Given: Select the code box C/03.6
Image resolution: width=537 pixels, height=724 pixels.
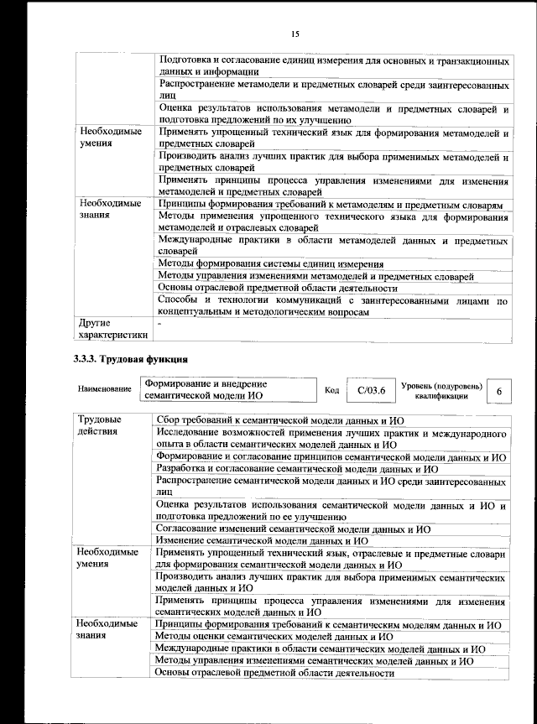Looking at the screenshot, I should click(x=370, y=391).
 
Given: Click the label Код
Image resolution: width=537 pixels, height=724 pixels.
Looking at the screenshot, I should click(x=331, y=391).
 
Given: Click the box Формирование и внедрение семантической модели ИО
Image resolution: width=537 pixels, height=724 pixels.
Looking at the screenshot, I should click(x=226, y=391).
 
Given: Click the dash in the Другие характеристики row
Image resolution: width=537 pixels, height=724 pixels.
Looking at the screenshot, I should click(x=160, y=323).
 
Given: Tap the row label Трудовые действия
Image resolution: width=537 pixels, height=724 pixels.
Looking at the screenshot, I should click(x=99, y=425).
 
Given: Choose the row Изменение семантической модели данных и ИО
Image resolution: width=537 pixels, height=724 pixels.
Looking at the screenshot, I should click(x=292, y=541).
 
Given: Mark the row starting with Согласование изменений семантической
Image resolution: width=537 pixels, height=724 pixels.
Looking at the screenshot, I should click(x=294, y=529).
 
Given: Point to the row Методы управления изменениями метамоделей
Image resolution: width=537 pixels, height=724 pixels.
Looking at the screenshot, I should click(x=315, y=276).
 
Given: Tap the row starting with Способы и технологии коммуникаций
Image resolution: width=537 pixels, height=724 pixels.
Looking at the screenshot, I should click(x=333, y=305).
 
